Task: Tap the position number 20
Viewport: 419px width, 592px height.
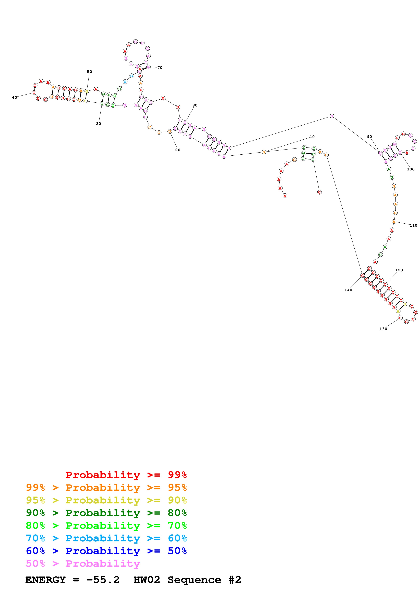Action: [x=178, y=150]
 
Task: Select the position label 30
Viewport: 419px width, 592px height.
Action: [x=99, y=124]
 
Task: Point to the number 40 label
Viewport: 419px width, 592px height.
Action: [x=15, y=98]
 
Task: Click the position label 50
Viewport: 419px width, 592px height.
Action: [x=89, y=72]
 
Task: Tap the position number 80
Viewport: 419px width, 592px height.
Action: [x=195, y=105]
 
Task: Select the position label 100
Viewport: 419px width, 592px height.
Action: [x=411, y=169]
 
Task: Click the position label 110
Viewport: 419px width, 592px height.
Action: [x=413, y=225]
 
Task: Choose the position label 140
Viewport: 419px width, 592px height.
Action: [x=348, y=290]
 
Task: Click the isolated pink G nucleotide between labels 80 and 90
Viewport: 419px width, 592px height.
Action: [x=332, y=116]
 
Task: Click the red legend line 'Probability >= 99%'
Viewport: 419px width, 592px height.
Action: [x=126, y=475]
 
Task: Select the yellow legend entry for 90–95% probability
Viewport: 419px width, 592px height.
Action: [x=106, y=500]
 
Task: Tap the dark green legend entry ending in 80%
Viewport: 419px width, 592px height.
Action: [x=106, y=513]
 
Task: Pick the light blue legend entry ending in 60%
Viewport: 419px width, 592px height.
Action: [x=106, y=538]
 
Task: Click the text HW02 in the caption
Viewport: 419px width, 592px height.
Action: [x=147, y=580]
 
